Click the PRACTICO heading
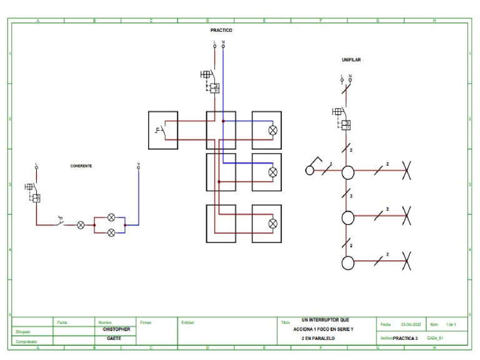tap(221, 30)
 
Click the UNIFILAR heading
tap(351, 60)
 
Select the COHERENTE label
tap(81, 166)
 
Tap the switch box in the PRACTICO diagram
tap(162, 130)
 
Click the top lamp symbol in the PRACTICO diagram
tap(272, 131)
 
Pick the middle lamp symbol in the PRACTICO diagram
tap(272, 172)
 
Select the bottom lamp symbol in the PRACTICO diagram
tap(272, 223)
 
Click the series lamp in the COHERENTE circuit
tap(81, 224)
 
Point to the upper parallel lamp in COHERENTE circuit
tap(111, 217)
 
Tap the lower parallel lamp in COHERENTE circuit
tap(111, 232)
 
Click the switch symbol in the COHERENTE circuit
tap(61, 221)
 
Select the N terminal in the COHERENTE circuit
tap(138, 166)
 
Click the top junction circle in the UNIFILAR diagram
tap(347, 172)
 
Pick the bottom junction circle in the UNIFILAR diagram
tap(347, 262)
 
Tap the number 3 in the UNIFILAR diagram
tap(351, 196)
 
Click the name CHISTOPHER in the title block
tap(117, 329)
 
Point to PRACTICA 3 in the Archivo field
tap(404, 338)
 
